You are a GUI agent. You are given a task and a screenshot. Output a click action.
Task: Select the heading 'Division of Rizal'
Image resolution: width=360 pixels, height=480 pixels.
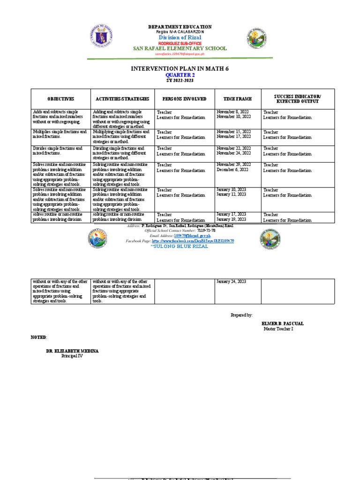pyautogui.click(x=180, y=37)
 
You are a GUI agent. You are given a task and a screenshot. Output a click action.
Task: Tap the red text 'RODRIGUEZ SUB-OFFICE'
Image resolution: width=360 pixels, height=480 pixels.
pyautogui.click(x=180, y=43)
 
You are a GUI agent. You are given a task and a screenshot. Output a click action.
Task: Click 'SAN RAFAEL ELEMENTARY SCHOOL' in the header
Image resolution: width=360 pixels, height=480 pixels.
pyautogui.click(x=180, y=48)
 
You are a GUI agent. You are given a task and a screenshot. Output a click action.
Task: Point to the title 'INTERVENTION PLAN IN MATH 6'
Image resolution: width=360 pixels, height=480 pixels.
pyautogui.click(x=180, y=69)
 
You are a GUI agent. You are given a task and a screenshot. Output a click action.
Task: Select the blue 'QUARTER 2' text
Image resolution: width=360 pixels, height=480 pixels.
pyautogui.click(x=180, y=75)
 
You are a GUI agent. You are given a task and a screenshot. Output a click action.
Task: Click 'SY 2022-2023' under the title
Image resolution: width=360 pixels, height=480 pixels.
pyautogui.click(x=180, y=81)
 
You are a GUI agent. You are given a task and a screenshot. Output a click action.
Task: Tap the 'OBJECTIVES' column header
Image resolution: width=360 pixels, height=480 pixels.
pyautogui.click(x=60, y=99)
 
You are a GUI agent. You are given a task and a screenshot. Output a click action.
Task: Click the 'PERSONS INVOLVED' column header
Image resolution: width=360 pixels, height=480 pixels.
pyautogui.click(x=184, y=99)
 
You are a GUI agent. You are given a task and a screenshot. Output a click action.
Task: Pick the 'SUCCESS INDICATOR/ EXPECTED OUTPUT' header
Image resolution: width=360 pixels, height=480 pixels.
pyautogui.click(x=298, y=99)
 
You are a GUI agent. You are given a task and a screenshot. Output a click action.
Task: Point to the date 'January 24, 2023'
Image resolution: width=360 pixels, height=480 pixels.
pyautogui.click(x=231, y=282)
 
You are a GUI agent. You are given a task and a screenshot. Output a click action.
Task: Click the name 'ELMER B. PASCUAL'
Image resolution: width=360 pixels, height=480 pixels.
pyautogui.click(x=283, y=324)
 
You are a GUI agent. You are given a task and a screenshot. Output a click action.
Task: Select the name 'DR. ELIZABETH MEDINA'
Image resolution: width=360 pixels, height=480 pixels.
pyautogui.click(x=72, y=351)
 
